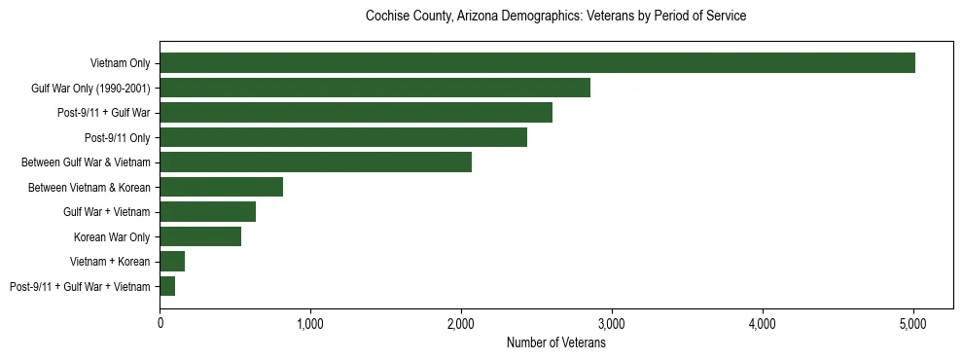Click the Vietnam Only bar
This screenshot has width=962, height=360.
(537, 63)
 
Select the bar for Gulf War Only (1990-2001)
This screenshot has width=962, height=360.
(374, 88)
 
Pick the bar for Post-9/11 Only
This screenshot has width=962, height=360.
(343, 137)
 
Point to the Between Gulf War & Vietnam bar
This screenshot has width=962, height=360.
(315, 162)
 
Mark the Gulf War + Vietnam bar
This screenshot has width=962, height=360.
(207, 211)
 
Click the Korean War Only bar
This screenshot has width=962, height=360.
(200, 236)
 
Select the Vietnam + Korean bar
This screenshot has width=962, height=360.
(172, 261)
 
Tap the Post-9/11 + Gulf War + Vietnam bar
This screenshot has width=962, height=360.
(167, 286)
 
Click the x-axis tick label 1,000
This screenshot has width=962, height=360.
(310, 323)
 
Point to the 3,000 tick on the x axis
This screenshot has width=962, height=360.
(612, 323)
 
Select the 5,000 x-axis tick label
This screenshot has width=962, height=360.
(913, 323)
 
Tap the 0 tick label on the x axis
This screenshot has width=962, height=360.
(160, 323)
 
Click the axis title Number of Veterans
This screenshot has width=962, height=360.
(556, 342)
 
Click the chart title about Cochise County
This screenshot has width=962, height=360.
(555, 17)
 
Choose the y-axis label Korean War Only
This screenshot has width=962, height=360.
(112, 236)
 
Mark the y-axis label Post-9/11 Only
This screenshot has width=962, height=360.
(118, 137)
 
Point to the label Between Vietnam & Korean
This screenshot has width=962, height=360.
(89, 187)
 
